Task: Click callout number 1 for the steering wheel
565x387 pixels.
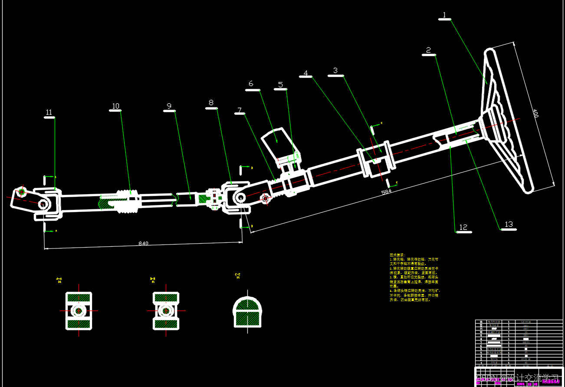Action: pyautogui.click(x=444, y=15)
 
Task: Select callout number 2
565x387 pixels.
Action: pyautogui.click(x=428, y=50)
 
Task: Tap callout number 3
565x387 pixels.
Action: pyautogui.click(x=335, y=70)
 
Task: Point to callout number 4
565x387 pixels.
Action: pyautogui.click(x=306, y=73)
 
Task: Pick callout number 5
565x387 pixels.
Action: pyautogui.click(x=280, y=85)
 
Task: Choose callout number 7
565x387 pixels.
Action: pyautogui.click(x=239, y=110)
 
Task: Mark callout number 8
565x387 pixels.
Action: pyautogui.click(x=211, y=103)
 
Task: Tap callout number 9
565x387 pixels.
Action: pyautogui.click(x=169, y=106)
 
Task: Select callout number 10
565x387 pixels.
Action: pyautogui.click(x=115, y=106)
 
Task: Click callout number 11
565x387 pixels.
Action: pyautogui.click(x=49, y=112)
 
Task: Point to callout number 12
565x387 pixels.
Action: pyautogui.click(x=463, y=227)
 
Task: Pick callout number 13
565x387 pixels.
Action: pyautogui.click(x=509, y=225)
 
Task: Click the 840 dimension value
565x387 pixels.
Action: pyautogui.click(x=143, y=243)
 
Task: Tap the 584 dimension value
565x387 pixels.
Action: pyautogui.click(x=386, y=192)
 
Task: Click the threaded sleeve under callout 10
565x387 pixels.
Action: pyautogui.click(x=128, y=201)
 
